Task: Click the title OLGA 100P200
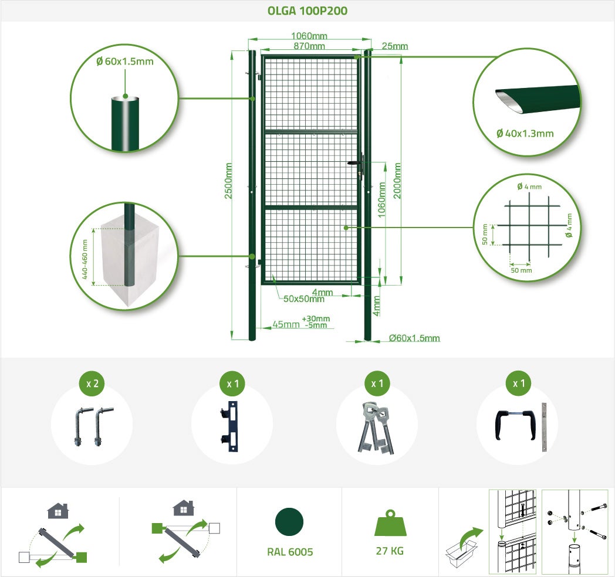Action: [x=307, y=11]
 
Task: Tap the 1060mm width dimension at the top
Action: [x=309, y=36]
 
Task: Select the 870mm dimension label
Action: [x=309, y=46]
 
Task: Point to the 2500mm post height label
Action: [x=228, y=181]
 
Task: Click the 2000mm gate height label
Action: [x=397, y=181]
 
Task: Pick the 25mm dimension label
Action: [x=394, y=46]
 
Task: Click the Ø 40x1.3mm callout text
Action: [x=525, y=134]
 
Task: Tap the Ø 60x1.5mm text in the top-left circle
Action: [x=125, y=61]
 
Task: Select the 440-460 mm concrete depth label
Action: [x=85, y=259]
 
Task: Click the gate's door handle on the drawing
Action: [x=355, y=163]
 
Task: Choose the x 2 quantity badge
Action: [x=92, y=383]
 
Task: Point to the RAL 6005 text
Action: [x=290, y=552]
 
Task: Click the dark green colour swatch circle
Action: [x=289, y=522]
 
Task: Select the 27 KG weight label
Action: [x=390, y=551]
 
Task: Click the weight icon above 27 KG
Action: [x=390, y=523]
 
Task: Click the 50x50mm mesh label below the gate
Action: [x=303, y=299]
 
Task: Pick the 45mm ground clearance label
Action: [x=286, y=324]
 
